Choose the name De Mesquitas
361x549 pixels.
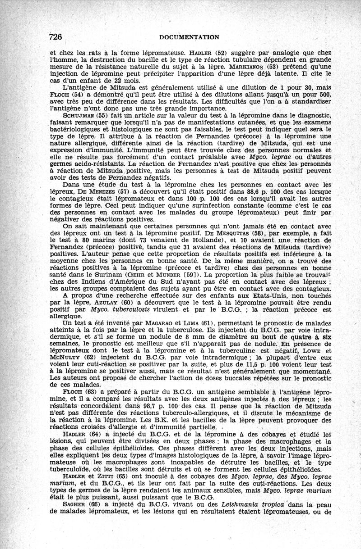coord(228,234)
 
